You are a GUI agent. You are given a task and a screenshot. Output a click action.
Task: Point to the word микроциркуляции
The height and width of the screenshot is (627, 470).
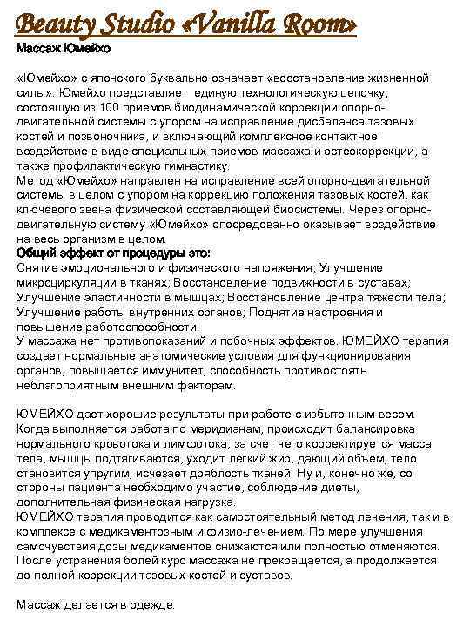click(x=65, y=283)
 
